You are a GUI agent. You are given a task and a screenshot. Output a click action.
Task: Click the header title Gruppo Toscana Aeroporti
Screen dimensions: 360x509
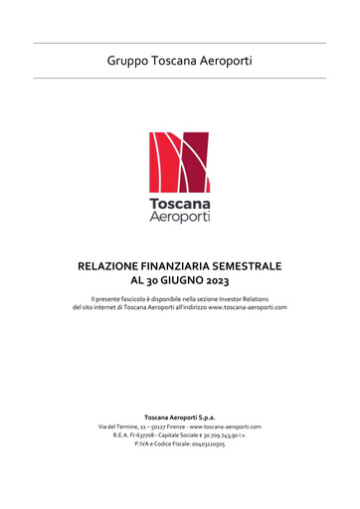[x=179, y=61]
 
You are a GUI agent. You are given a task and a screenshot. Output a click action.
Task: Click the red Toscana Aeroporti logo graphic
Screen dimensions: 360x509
[x=179, y=163]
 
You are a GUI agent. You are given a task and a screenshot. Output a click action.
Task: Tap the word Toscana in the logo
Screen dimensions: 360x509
[x=179, y=202]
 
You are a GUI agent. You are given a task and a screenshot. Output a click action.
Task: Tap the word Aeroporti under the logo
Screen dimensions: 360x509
[x=179, y=216]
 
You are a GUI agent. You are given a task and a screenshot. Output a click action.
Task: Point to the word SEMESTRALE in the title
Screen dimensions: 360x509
[x=252, y=266]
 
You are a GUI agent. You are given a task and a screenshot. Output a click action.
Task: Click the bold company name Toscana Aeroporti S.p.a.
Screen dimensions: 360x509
[x=179, y=417]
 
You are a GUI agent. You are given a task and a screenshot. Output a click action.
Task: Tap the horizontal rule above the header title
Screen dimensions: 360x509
[x=179, y=43]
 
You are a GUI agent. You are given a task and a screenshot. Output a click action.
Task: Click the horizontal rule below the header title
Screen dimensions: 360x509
[x=179, y=78]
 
